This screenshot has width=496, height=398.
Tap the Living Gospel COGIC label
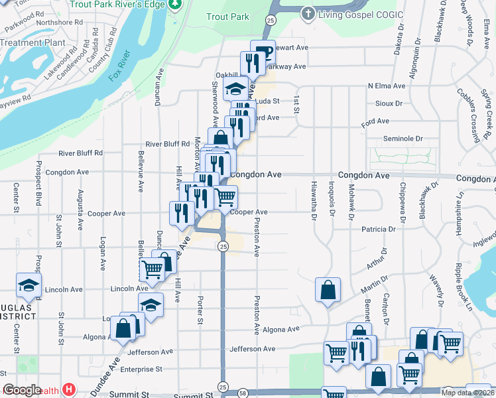(346, 13)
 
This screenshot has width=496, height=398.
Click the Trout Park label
(225, 16)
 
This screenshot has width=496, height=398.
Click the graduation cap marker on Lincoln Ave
(29, 285)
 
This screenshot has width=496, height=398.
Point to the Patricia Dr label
(379, 229)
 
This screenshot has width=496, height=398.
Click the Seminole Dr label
(403, 139)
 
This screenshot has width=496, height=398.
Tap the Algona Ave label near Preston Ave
(281, 330)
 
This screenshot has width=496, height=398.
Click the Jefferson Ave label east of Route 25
(252, 349)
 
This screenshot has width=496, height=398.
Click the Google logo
(23, 390)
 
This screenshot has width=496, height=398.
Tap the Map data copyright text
(468, 393)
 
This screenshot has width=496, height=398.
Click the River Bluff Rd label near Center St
(80, 153)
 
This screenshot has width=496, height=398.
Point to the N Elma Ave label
(387, 86)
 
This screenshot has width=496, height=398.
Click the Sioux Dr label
(389, 103)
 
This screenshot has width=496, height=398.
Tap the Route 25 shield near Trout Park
(270, 21)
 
